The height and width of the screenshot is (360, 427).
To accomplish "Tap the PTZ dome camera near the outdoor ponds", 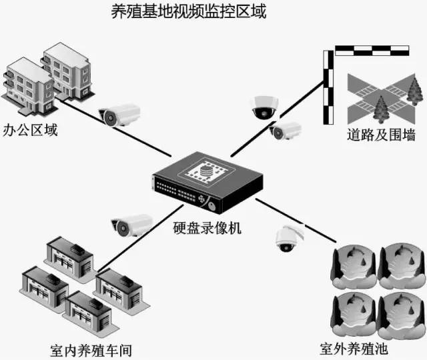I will (x=288, y=237).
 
